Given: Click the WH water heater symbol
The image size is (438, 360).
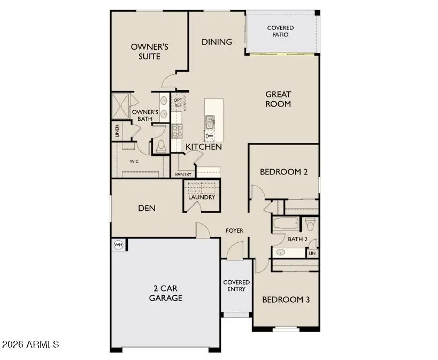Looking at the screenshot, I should (x=118, y=245).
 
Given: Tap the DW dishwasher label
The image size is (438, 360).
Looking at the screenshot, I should (x=209, y=136).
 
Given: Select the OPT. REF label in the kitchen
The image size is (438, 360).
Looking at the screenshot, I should (x=178, y=102).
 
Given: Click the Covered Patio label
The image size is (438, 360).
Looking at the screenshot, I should (x=280, y=31).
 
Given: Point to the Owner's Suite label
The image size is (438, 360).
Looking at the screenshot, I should (x=150, y=51).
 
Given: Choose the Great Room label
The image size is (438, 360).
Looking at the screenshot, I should (x=278, y=99).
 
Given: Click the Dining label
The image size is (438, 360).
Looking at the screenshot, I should (x=217, y=42).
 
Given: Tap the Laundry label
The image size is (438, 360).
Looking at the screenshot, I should (x=202, y=197).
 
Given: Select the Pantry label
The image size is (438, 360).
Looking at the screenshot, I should (x=183, y=174).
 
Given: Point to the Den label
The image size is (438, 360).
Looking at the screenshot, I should (x=147, y=208).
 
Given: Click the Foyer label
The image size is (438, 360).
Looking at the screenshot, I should (x=234, y=231).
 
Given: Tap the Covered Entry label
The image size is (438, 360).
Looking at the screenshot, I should (x=236, y=286).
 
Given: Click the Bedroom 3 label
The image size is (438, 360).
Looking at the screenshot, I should (x=286, y=300).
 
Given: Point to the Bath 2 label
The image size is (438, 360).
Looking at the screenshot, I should (x=298, y=239).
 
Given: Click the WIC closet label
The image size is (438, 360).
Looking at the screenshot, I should (x=135, y=160).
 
